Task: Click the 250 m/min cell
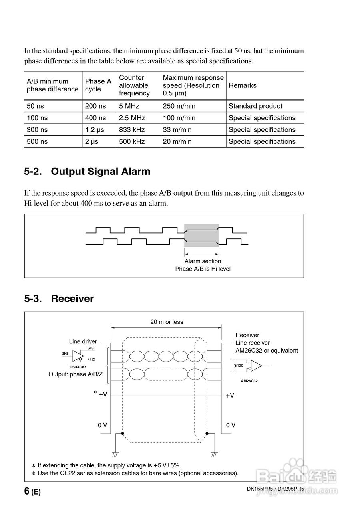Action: tap(179, 106)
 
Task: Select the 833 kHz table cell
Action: tap(132, 130)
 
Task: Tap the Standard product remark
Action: tap(255, 106)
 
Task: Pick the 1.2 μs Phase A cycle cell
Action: tap(95, 130)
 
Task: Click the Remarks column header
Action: tap(243, 85)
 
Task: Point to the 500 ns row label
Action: tap(37, 141)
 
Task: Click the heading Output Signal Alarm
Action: tap(100, 172)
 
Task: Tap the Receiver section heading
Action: tap(72, 299)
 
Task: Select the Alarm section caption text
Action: tap(203, 261)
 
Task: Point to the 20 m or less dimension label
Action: tap(167, 322)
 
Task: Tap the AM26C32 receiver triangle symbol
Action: tap(256, 366)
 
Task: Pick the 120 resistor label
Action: tap(240, 366)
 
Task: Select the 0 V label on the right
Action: tap(231, 425)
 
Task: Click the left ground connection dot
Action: tap(123, 434)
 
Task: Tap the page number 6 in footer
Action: tap(27, 491)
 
